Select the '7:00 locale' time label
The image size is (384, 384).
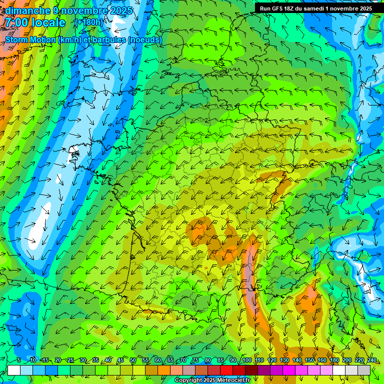tap(35, 23)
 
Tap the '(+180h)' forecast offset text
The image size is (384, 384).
tap(88, 22)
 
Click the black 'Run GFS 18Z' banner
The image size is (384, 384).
tap(315, 8)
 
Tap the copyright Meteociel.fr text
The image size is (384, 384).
tap(212, 380)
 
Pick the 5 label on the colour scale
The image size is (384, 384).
tap(19, 360)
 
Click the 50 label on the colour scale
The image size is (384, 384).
tap(132, 360)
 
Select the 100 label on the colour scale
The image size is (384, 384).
tap(246, 360)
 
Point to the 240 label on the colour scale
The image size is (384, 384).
tap(371, 360)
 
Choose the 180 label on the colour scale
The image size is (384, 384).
tap(334, 360)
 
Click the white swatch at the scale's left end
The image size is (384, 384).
tap(14, 370)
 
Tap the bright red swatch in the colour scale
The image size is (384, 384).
tap(226, 370)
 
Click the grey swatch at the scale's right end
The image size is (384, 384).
tap(364, 370)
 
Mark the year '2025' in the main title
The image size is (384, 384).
tap(120, 10)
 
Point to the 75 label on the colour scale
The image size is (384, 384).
tap(195, 360)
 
